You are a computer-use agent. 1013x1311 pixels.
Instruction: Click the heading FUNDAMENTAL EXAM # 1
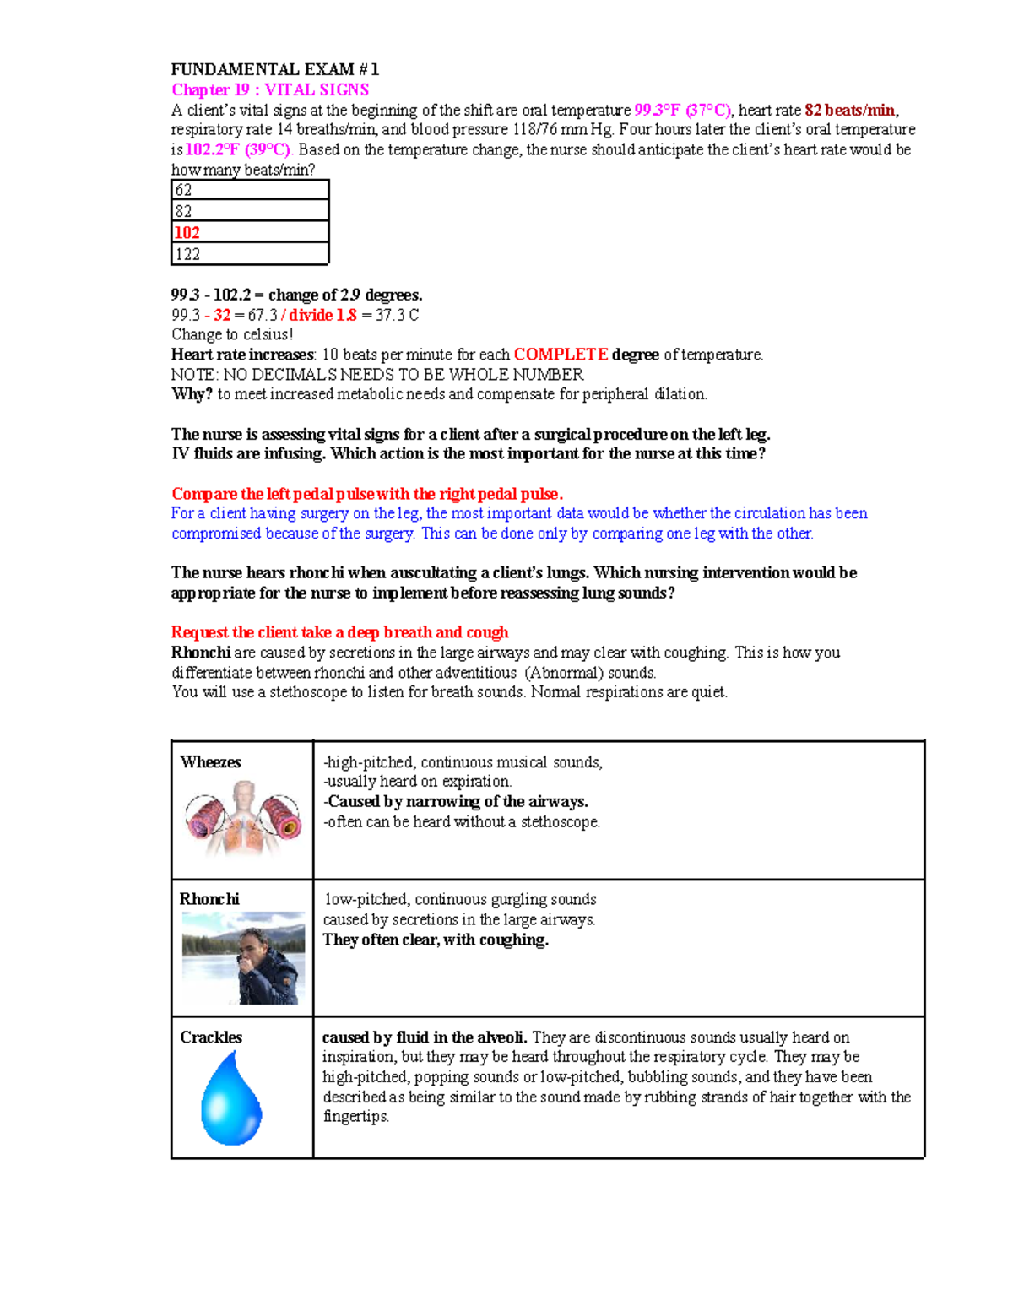[275, 69]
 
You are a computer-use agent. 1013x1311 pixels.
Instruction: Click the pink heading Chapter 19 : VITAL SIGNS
[270, 89]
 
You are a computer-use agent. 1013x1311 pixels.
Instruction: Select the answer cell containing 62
[250, 190]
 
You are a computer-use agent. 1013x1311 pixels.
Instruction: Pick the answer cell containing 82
[250, 211]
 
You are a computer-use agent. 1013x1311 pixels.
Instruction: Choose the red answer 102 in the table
[187, 233]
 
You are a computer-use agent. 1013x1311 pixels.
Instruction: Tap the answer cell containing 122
[250, 254]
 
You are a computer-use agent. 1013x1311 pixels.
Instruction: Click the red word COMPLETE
[561, 355]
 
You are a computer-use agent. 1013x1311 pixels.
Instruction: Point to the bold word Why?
[192, 394]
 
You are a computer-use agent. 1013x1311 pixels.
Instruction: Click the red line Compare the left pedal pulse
[367, 494]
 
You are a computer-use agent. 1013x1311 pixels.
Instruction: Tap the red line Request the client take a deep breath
[339, 632]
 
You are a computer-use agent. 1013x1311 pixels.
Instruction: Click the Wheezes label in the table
[210, 762]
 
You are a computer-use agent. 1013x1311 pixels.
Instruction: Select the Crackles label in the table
[211, 1037]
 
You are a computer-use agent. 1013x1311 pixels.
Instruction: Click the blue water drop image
[231, 1098]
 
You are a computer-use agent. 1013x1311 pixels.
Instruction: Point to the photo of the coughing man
[243, 958]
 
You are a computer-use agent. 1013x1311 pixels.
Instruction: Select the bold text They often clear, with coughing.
[436, 940]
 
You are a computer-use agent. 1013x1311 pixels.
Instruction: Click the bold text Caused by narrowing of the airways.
[456, 802]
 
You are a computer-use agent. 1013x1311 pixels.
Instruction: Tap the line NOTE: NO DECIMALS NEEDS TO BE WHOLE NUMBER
[377, 375]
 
